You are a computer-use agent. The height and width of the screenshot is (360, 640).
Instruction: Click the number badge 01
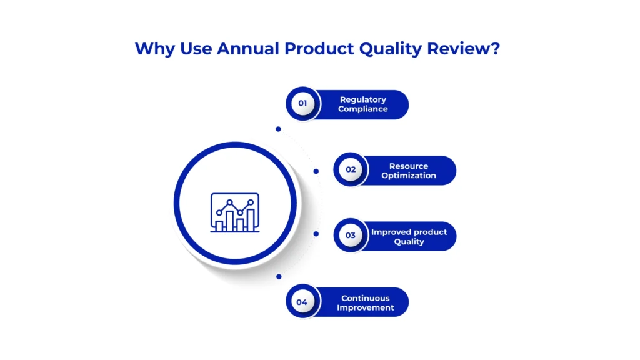[303, 103]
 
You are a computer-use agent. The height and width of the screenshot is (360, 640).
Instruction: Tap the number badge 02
[351, 169]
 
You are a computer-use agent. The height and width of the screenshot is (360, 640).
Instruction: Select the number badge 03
[351, 236]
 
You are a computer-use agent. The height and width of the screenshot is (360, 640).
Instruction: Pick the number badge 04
[302, 302]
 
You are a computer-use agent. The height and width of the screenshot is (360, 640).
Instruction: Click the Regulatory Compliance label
[363, 104]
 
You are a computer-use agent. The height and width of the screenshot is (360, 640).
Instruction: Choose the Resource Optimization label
[409, 171]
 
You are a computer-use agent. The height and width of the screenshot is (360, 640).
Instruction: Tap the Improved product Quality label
[409, 237]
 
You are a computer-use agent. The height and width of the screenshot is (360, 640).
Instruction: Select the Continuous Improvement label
[365, 303]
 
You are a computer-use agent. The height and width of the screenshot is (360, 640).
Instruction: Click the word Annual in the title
[247, 49]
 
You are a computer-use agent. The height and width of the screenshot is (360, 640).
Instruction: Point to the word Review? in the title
[463, 49]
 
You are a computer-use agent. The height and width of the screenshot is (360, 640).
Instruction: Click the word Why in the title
[155, 49]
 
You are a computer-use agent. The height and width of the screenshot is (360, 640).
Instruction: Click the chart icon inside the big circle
[235, 212]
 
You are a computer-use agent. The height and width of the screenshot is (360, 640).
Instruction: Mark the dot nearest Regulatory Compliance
[278, 129]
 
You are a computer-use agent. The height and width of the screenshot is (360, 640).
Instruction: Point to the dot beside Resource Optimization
[316, 171]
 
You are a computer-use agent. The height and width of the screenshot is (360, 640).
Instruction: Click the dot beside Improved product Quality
[316, 234]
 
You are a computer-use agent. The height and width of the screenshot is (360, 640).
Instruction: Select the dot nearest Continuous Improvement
[279, 277]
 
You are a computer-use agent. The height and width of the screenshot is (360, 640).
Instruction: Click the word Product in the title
[319, 49]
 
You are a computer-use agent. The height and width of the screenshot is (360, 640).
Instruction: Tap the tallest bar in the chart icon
[251, 220]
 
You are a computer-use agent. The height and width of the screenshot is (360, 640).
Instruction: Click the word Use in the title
[196, 49]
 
